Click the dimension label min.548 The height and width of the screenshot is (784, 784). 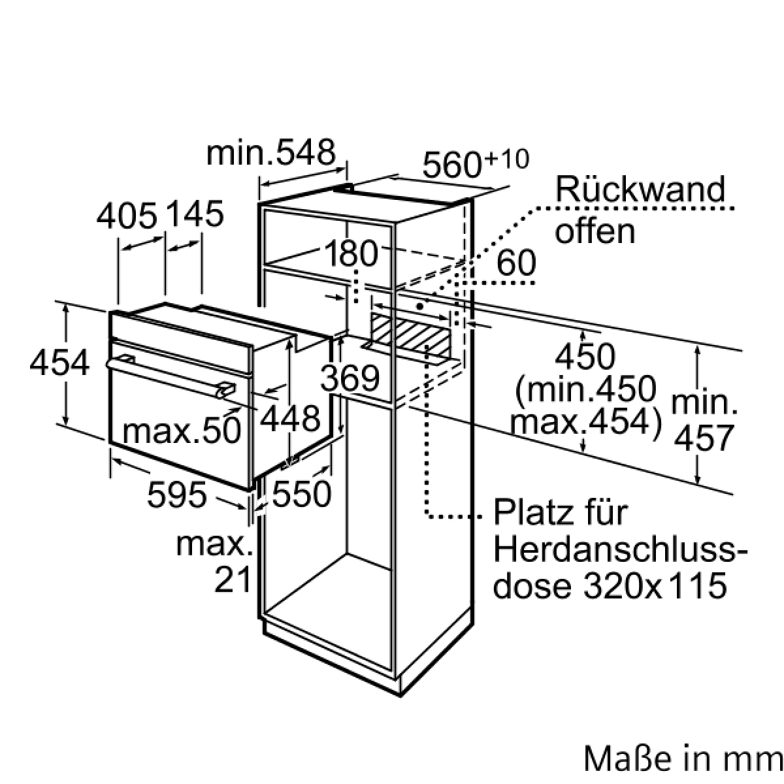tap(271, 153)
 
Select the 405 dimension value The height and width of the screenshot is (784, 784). tap(127, 216)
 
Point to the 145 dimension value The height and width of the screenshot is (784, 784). tap(196, 214)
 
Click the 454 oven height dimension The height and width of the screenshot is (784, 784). tap(59, 363)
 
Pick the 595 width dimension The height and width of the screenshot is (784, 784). tap(177, 495)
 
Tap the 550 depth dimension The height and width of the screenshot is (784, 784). tap(301, 495)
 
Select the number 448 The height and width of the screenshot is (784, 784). tap(290, 419)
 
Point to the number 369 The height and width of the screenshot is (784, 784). tap(350, 378)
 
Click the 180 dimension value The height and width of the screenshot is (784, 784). tap(351, 253)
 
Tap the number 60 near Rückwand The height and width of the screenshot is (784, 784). tap(516, 263)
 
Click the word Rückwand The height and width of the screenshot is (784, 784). tap(640, 189)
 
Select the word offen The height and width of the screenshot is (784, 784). tap(595, 231)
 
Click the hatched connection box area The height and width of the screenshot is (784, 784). tap(411, 332)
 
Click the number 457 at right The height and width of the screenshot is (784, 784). tap(704, 438)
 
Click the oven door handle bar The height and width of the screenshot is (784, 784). tap(171, 377)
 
